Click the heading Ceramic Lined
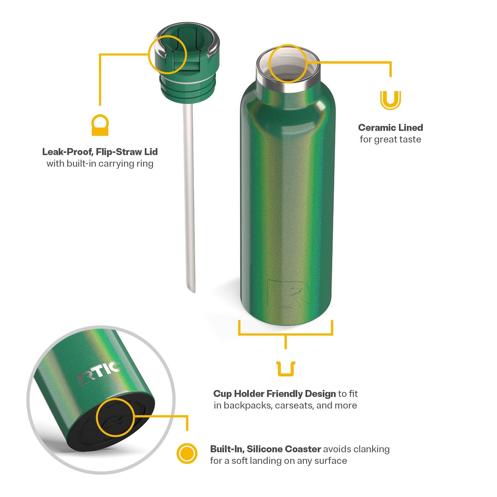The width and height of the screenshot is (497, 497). click(390, 128)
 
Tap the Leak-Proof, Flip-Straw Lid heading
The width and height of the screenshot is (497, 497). click(100, 152)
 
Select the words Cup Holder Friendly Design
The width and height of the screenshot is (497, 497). click(274, 394)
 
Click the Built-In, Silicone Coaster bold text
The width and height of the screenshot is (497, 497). click(265, 449)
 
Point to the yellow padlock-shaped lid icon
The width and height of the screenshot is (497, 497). click(100, 125)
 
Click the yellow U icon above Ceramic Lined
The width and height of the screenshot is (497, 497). click(390, 100)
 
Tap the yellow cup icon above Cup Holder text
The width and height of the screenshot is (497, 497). click(286, 369)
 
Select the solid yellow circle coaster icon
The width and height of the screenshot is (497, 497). click(187, 453)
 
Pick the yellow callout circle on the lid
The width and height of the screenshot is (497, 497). click(167, 55)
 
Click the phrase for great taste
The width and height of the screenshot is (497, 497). click(390, 139)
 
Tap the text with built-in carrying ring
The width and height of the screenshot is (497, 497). click(100, 164)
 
